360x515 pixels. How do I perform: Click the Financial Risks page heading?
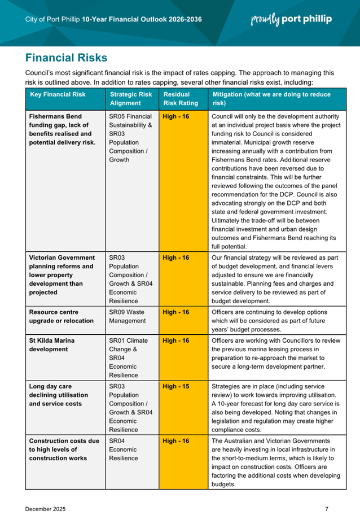tap(66, 58)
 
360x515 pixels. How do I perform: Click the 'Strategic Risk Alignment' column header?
tap(130, 99)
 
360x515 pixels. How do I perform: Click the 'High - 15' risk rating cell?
tap(175, 387)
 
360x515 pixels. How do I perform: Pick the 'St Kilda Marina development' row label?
tap(52, 344)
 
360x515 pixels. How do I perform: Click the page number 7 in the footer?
tap(327, 494)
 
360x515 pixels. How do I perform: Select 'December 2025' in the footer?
tap(45, 494)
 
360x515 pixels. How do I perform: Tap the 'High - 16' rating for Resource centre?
tap(175, 312)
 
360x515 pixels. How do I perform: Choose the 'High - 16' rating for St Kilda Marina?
tap(175, 341)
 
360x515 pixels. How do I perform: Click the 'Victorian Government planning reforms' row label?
tap(62, 275)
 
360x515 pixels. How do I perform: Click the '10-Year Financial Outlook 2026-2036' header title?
tap(142, 19)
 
